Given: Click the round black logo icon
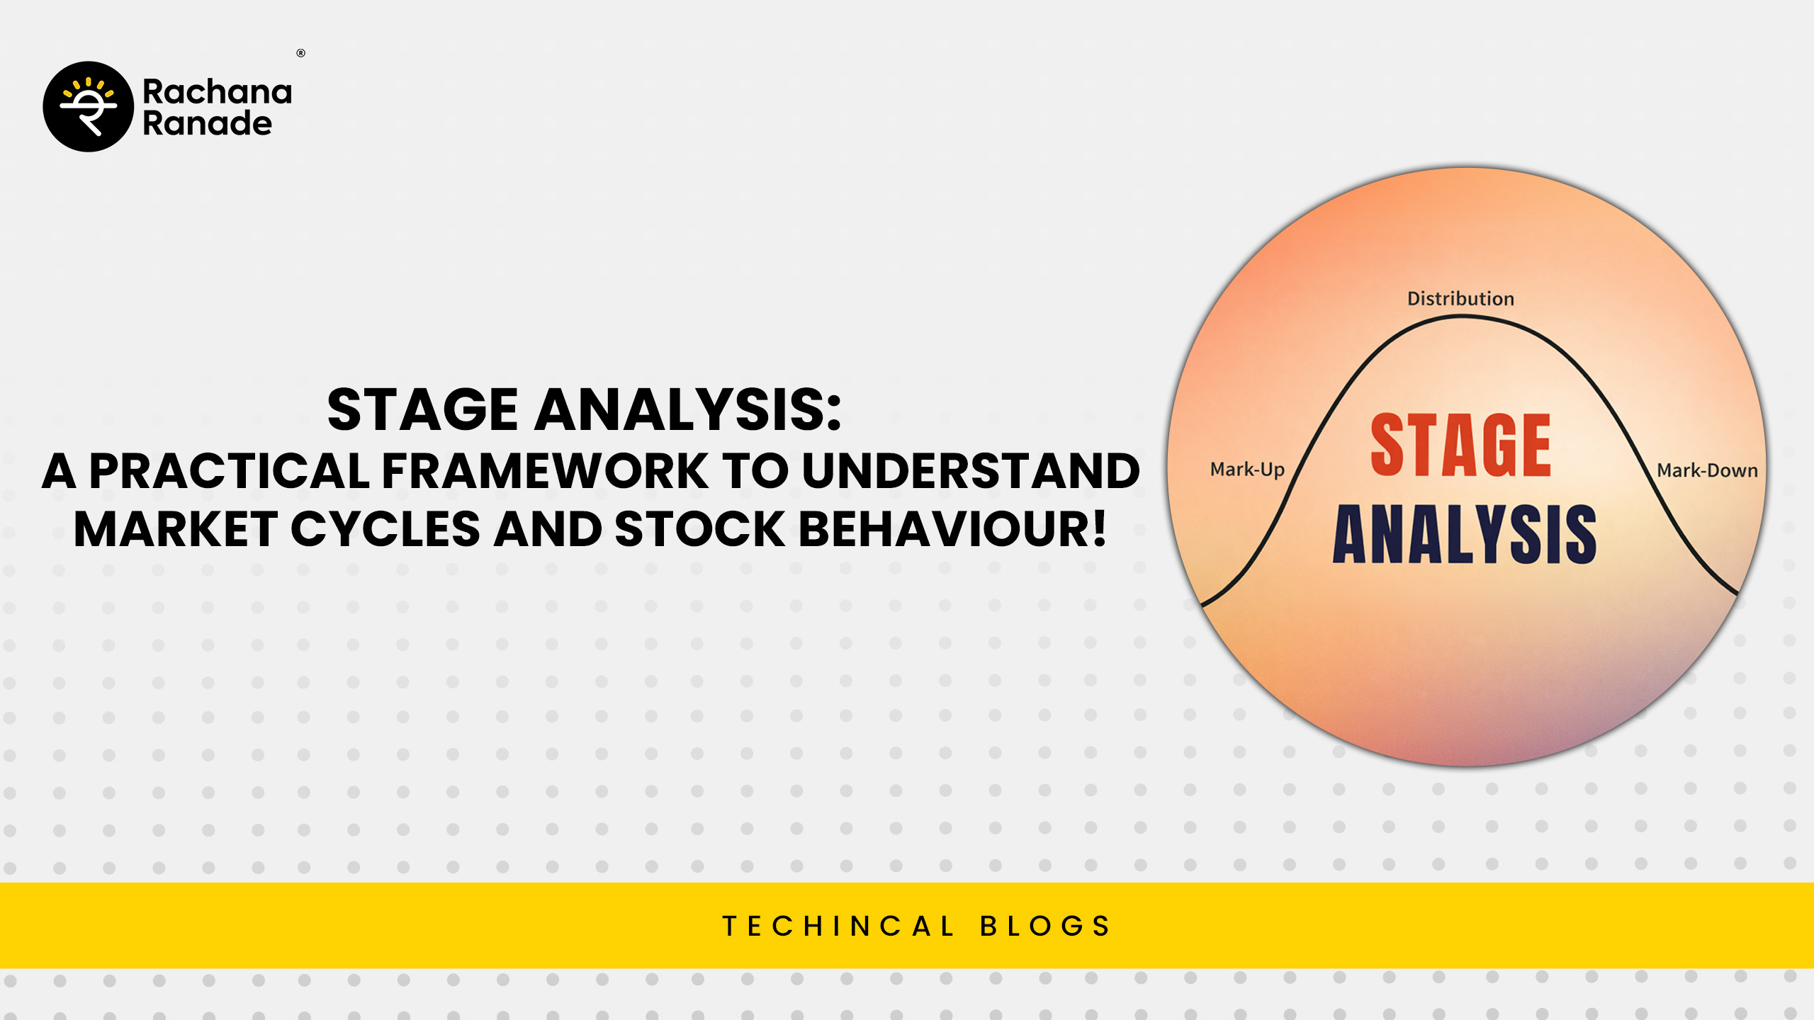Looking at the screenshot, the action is pyautogui.click(x=89, y=106).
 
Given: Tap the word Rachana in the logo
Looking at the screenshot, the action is pyautogui.click(x=218, y=92).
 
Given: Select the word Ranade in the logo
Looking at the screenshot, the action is pyautogui.click(x=208, y=123).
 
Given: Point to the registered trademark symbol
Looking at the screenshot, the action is pyautogui.click(x=301, y=53).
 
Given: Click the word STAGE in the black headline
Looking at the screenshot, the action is pyautogui.click(x=422, y=409).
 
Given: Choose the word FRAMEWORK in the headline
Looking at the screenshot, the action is pyautogui.click(x=546, y=470).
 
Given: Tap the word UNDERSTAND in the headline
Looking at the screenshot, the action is pyautogui.click(x=971, y=470).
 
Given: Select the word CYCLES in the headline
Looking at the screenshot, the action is pyautogui.click(x=386, y=529).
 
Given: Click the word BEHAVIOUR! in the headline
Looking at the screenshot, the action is pyautogui.click(x=952, y=529).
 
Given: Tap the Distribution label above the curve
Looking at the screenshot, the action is pyautogui.click(x=1460, y=299).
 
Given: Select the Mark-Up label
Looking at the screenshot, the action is pyautogui.click(x=1247, y=470).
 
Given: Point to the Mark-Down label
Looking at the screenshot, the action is pyautogui.click(x=1707, y=470).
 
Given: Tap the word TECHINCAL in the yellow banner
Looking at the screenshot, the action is pyautogui.click(x=839, y=926).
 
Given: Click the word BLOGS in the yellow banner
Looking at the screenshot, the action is pyautogui.click(x=1045, y=926).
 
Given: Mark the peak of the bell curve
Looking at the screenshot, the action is pyautogui.click(x=1462, y=317).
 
